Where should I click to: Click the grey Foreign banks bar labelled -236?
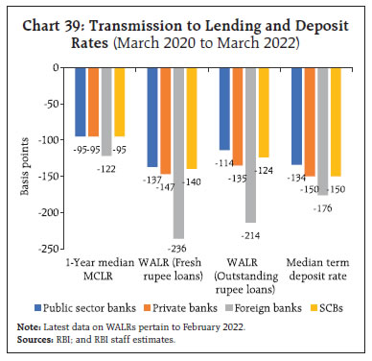pos(177,154)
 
